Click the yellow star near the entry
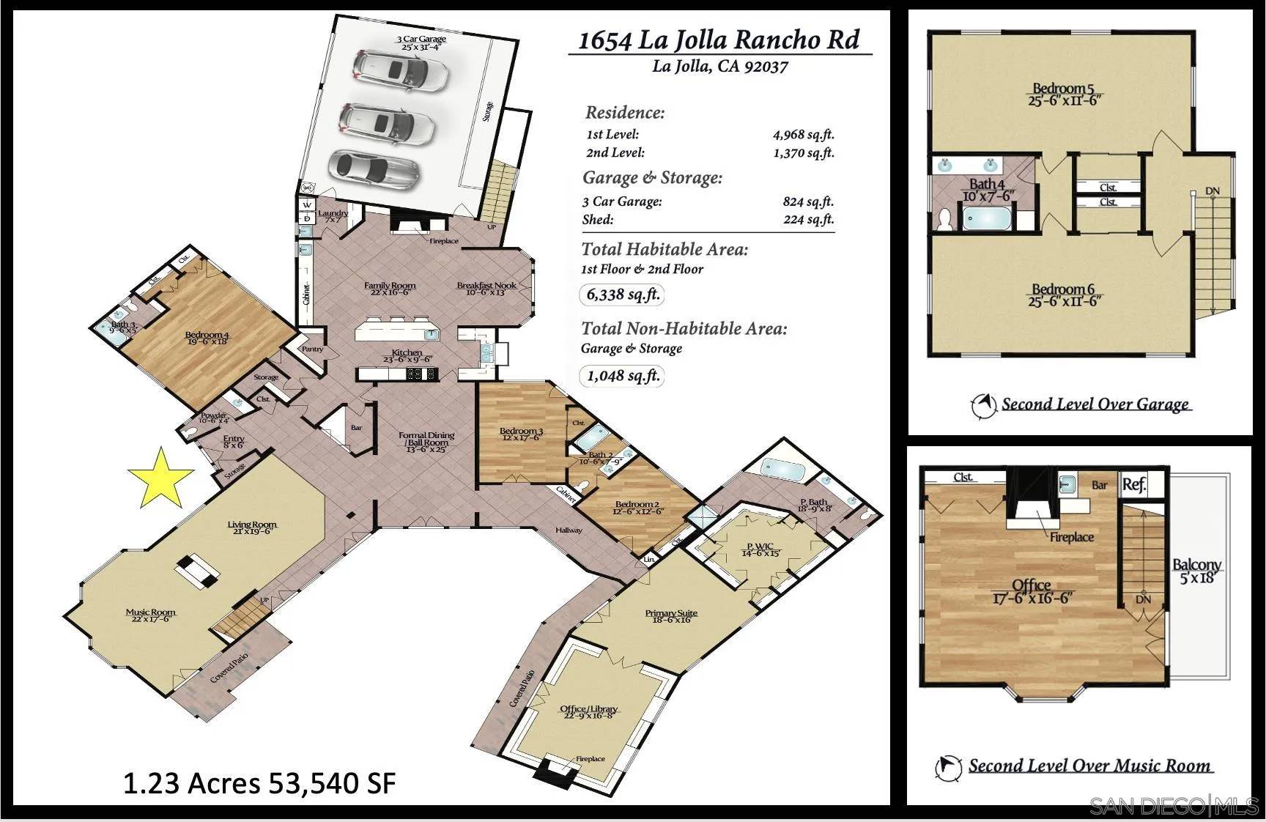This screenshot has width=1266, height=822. [x=161, y=478]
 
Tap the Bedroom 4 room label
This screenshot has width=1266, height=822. [x=207, y=338]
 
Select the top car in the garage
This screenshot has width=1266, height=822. [x=400, y=70]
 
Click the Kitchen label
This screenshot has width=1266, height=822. [x=407, y=355]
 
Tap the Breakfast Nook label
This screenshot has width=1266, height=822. [x=486, y=289]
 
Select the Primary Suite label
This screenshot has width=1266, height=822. [x=671, y=616]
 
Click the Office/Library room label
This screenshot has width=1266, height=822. [x=589, y=711]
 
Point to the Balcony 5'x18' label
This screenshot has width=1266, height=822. [x=1196, y=571]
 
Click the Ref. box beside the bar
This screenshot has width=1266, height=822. [x=1134, y=484]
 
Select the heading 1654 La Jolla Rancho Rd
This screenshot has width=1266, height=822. [x=719, y=40]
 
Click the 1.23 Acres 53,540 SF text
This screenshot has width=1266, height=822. [x=259, y=783]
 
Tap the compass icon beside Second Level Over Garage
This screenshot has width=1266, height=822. [x=983, y=404]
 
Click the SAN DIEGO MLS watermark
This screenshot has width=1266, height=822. [x=1173, y=807]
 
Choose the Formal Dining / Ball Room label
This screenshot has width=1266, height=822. [x=426, y=441]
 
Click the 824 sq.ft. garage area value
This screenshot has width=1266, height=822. [x=808, y=201]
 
